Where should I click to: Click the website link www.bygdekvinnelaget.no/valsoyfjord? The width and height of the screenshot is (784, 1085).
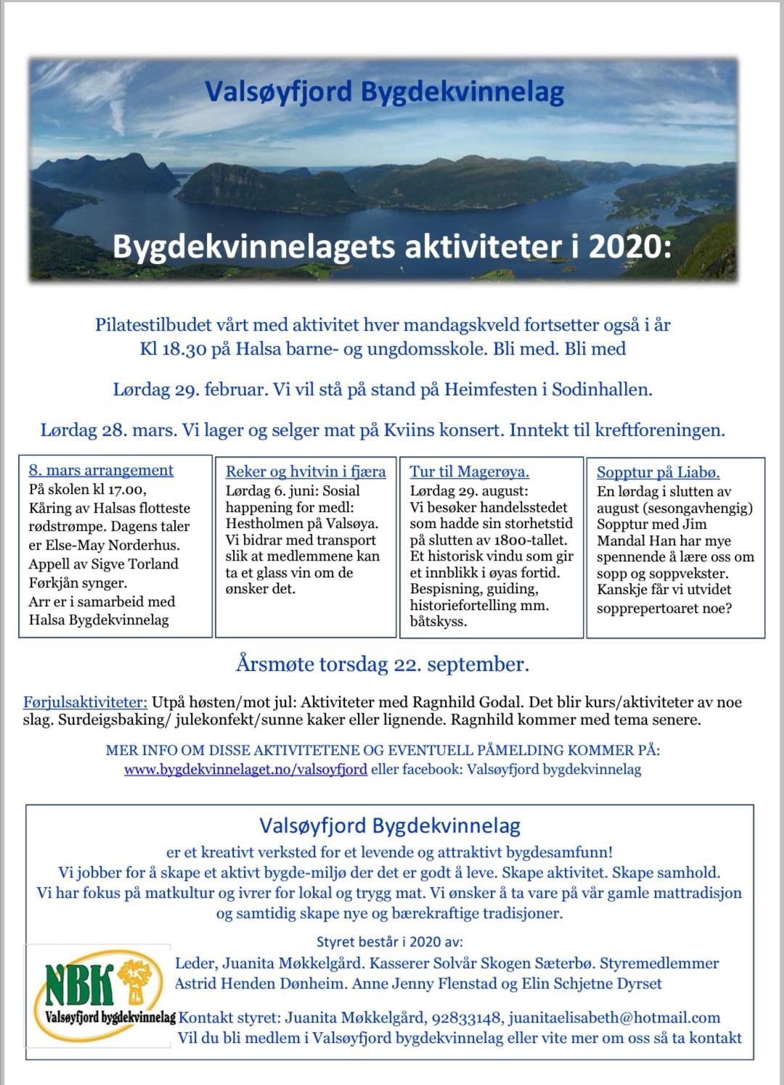click(x=245, y=770)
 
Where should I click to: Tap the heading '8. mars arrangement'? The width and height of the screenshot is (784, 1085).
click(x=101, y=470)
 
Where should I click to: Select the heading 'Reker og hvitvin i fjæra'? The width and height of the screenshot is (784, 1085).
click(x=306, y=471)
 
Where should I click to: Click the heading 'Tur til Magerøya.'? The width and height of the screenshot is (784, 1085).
click(x=469, y=471)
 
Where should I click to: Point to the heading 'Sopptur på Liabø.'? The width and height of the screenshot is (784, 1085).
click(x=658, y=473)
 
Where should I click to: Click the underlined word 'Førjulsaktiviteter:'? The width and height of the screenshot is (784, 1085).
click(x=85, y=702)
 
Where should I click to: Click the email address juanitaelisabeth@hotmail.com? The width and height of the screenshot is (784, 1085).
click(x=614, y=1018)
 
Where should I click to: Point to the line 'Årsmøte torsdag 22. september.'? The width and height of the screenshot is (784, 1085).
click(x=383, y=664)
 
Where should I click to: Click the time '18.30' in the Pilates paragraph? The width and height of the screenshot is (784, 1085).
click(x=186, y=349)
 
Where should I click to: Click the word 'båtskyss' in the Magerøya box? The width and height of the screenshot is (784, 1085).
click(x=437, y=622)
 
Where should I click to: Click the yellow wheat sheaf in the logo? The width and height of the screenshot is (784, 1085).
click(x=133, y=981)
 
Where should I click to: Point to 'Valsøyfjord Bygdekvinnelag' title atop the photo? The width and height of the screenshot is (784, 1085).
click(x=384, y=92)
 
